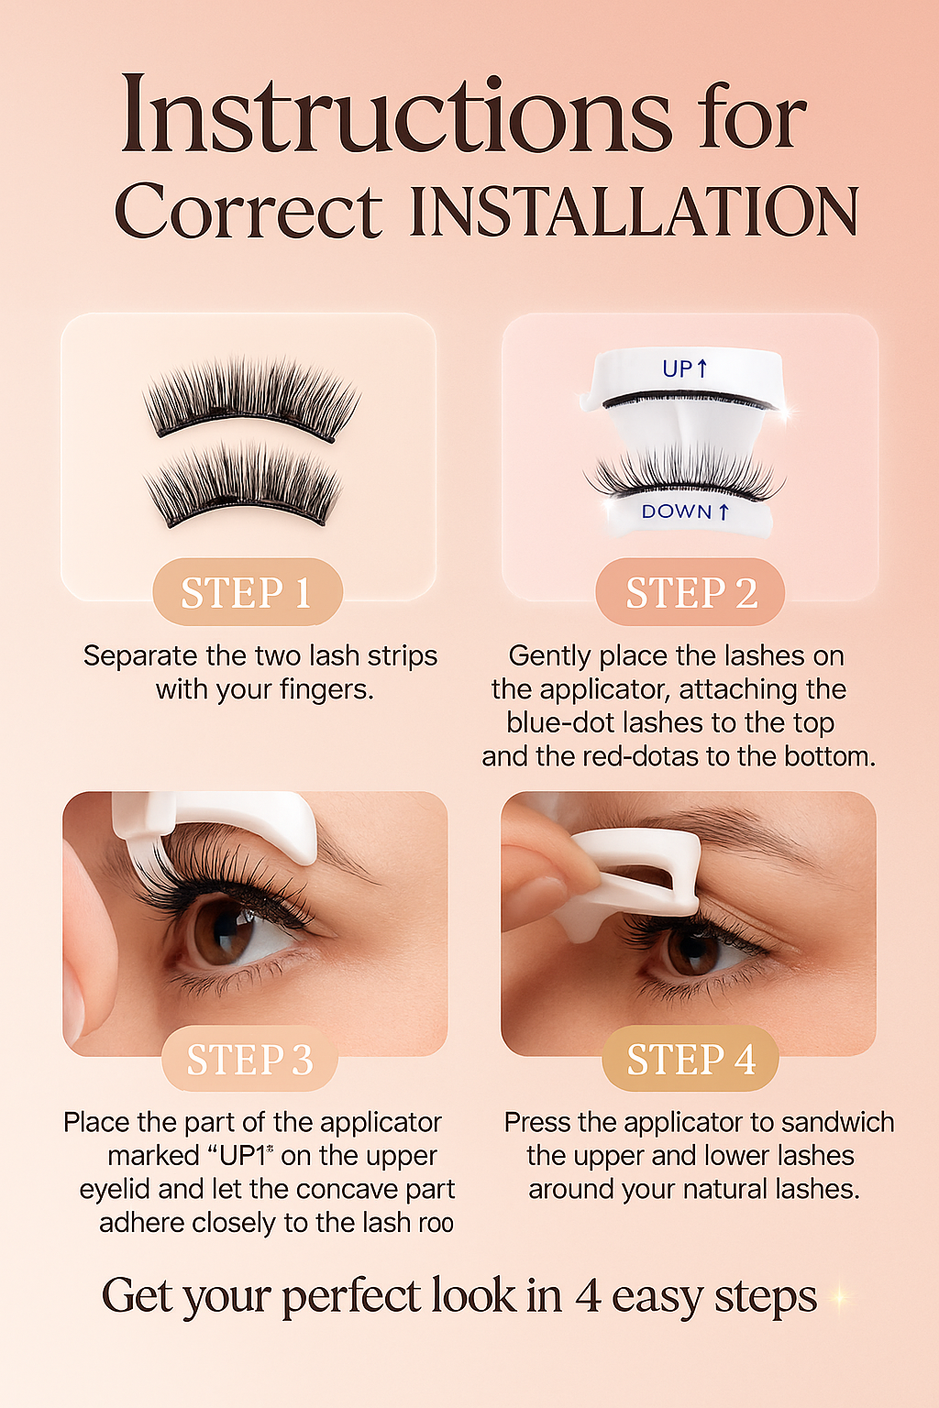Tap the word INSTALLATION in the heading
[634, 210]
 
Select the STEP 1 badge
[248, 591]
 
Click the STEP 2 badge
[690, 591]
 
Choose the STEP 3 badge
[249, 1059]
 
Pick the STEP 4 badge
[690, 1059]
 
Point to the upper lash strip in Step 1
[251, 399]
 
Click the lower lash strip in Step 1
[244, 485]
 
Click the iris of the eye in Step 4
[690, 948]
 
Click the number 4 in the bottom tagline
[588, 1295]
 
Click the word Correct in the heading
[249, 210]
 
